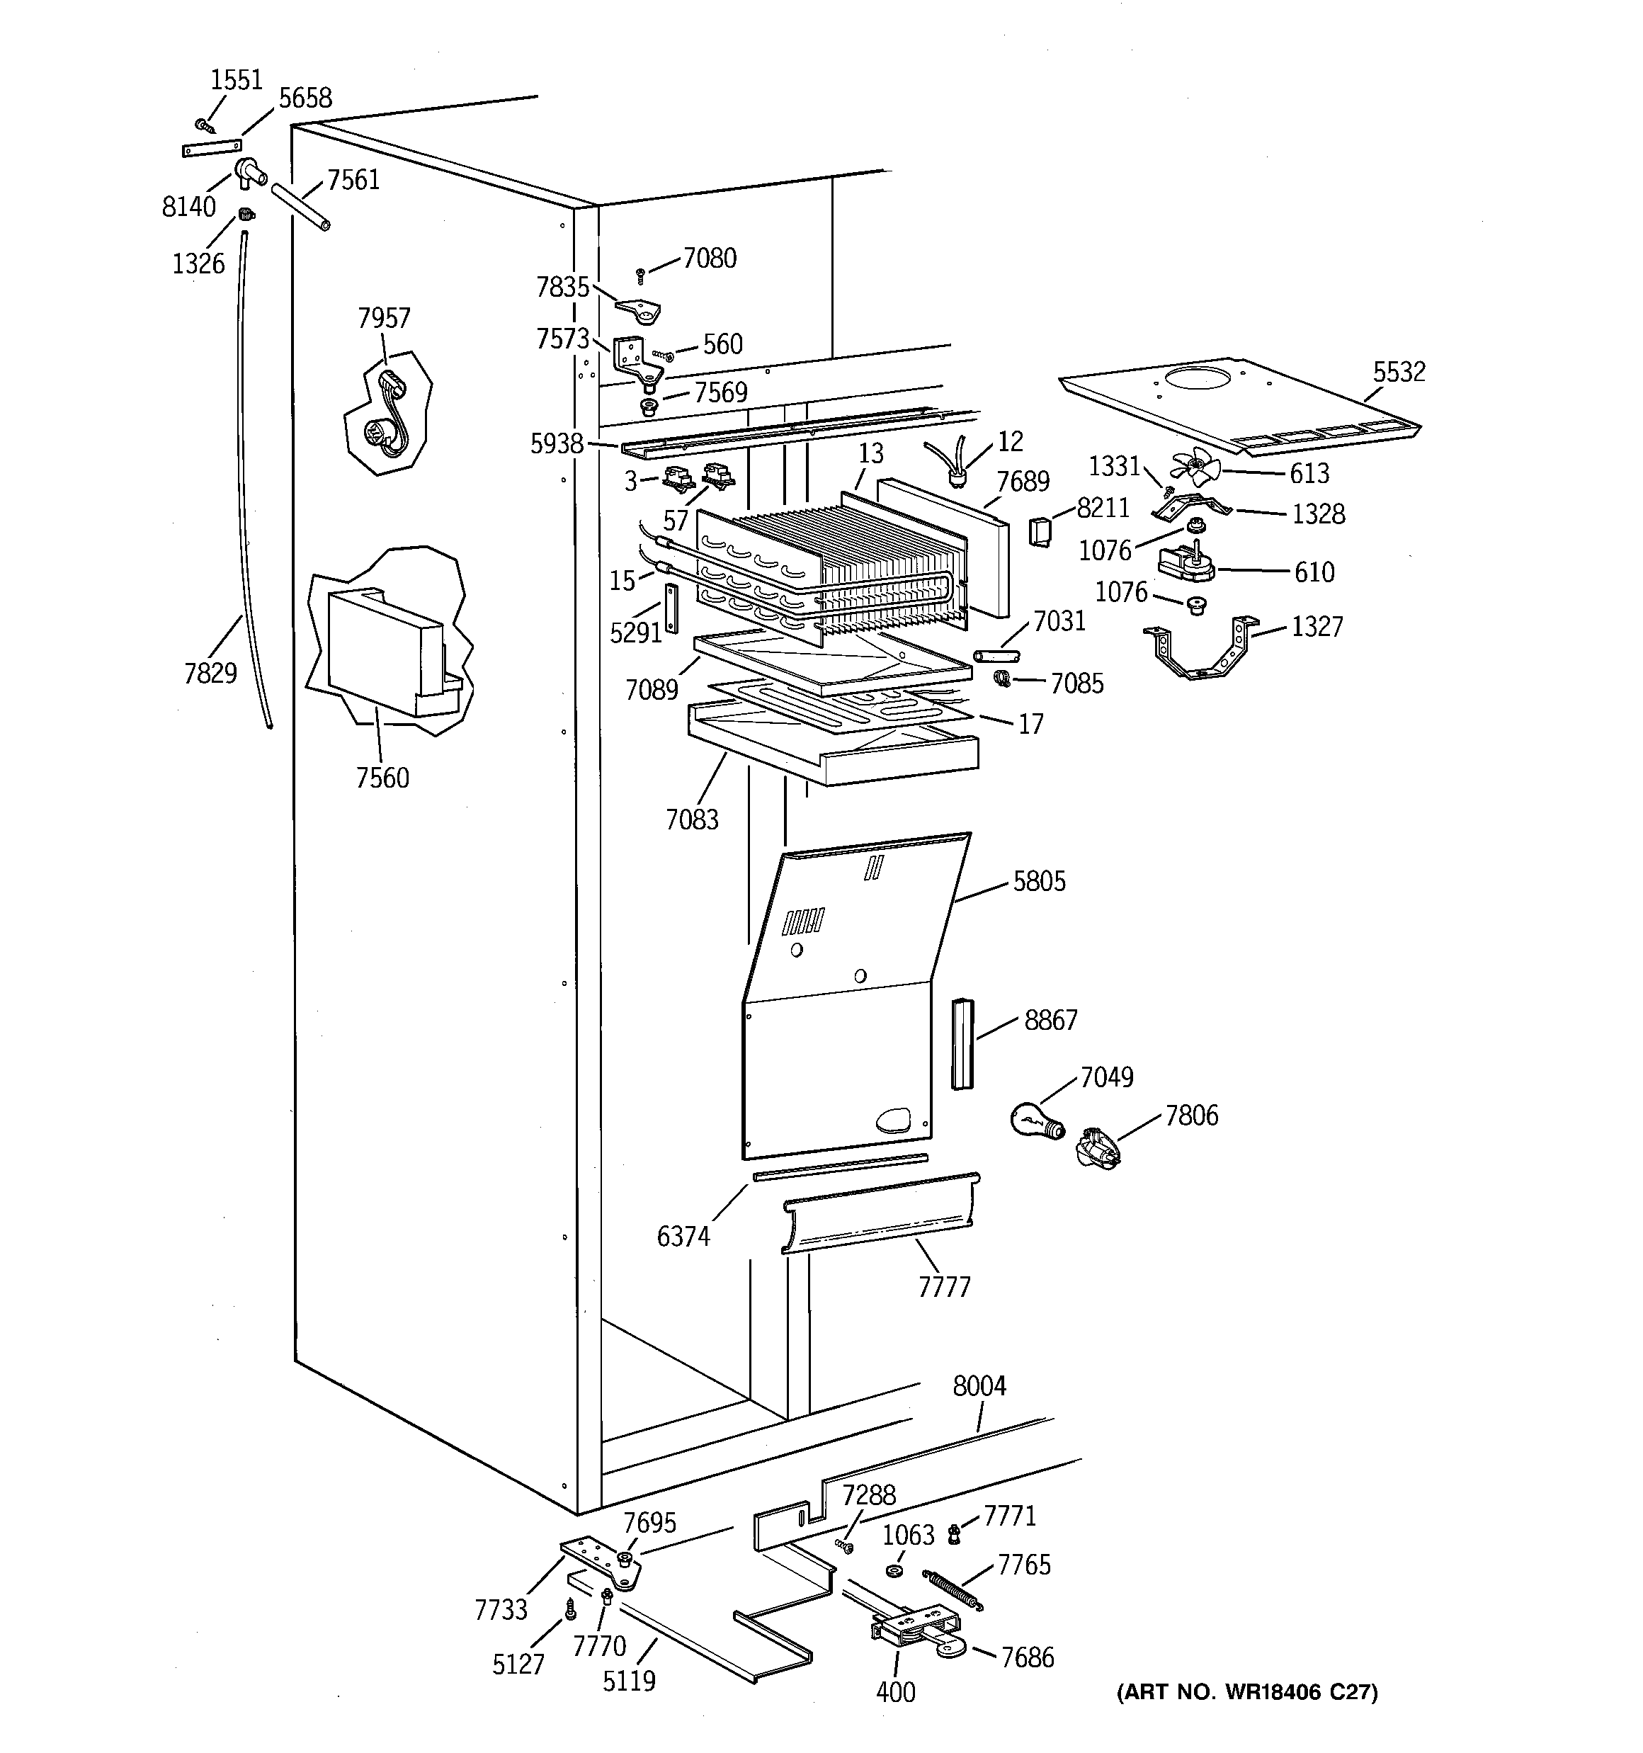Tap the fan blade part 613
pos(1194,467)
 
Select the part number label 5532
pos(1399,372)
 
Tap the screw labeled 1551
pos(204,126)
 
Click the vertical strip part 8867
pos(960,1044)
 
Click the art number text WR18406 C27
pos(1247,1691)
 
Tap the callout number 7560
pos(382,778)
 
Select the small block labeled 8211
pos(1040,532)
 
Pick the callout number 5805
pos(1039,881)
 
